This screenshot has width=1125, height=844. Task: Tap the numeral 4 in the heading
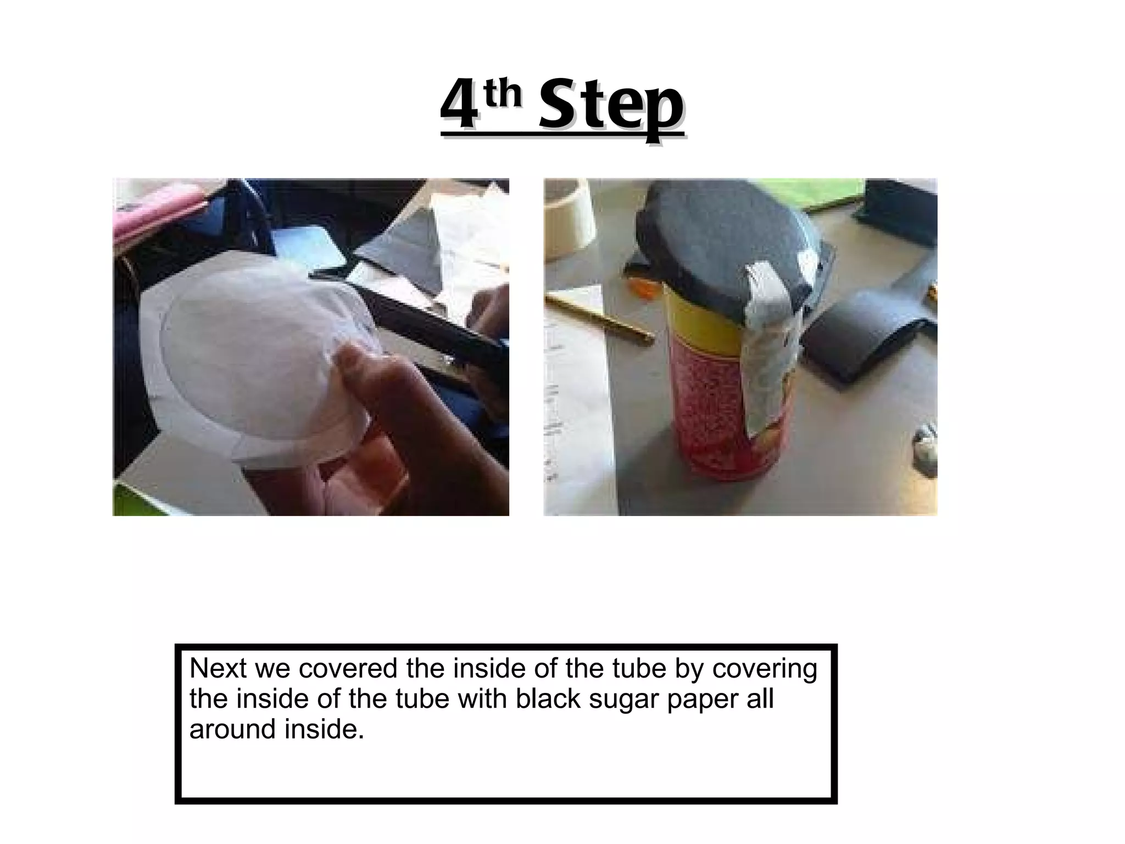point(459,107)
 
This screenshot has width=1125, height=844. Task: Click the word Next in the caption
point(218,669)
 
